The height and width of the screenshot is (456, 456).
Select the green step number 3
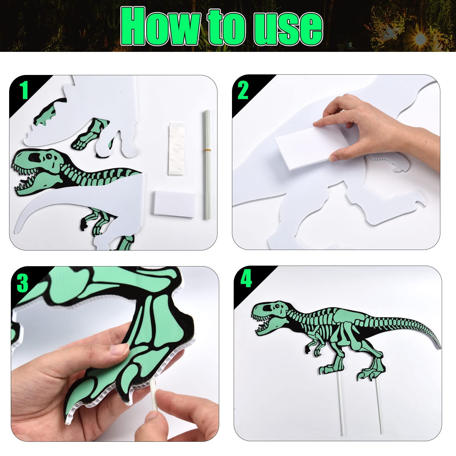pos(23,282)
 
